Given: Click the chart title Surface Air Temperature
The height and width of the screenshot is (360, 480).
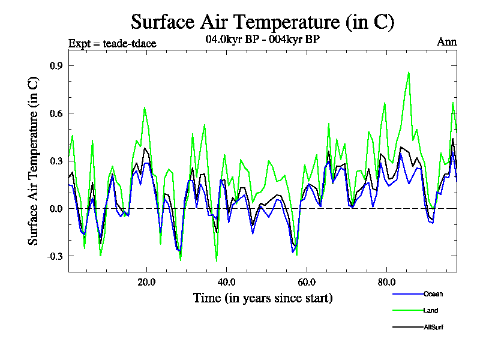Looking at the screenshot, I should pyautogui.click(x=262, y=22).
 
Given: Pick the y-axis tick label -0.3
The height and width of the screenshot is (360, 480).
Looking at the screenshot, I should pyautogui.click(x=55, y=256).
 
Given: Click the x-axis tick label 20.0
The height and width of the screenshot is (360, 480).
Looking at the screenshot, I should pyautogui.click(x=146, y=281).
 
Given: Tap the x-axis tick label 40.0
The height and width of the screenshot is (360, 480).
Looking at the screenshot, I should pyautogui.click(x=226, y=281).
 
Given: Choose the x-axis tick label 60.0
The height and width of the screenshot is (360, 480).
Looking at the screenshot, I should pyautogui.click(x=306, y=281).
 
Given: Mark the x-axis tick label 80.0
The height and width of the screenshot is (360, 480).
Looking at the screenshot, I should pyautogui.click(x=386, y=281).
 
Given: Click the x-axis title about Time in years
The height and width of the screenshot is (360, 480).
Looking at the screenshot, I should pyautogui.click(x=263, y=298).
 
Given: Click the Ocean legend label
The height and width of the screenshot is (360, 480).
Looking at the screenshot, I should pyautogui.click(x=433, y=294).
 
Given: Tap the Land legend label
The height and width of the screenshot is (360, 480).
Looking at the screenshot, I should pyautogui.click(x=430, y=310).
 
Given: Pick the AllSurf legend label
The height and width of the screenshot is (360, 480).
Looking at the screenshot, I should pyautogui.click(x=433, y=327).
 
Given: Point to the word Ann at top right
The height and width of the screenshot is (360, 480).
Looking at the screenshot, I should pyautogui.click(x=446, y=42).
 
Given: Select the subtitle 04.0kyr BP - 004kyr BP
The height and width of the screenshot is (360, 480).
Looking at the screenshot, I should pyautogui.click(x=262, y=40).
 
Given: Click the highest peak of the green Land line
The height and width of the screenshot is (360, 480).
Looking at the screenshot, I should pyautogui.click(x=409, y=72).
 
